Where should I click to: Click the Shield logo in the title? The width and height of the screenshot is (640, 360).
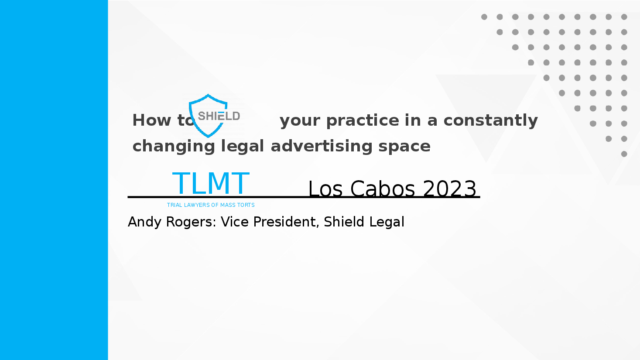(x=214, y=116)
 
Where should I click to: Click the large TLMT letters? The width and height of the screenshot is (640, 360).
(x=211, y=183)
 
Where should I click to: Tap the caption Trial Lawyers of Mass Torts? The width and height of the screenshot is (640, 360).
(x=211, y=205)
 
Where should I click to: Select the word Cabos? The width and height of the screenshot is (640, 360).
(x=383, y=189)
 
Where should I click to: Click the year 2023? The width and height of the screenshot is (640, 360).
(x=450, y=189)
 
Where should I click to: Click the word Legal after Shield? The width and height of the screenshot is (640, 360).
(x=387, y=222)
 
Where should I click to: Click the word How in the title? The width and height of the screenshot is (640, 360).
(x=152, y=120)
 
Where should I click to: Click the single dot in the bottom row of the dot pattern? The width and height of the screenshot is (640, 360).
(x=624, y=154)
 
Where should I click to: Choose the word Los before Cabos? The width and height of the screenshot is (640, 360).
(x=325, y=189)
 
